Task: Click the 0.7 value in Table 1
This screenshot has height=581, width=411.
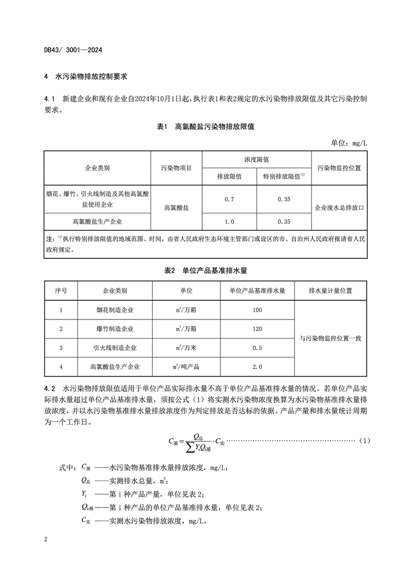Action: click(x=229, y=199)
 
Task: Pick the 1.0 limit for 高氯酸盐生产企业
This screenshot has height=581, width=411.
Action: click(x=229, y=222)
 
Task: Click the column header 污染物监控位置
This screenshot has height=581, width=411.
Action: click(x=339, y=168)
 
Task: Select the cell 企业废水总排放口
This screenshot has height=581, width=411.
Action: click(x=339, y=207)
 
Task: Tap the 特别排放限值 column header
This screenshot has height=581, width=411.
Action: click(x=284, y=177)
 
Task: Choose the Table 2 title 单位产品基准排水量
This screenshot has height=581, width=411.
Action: click(x=205, y=270)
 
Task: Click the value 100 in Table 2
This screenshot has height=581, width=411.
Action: click(x=257, y=310)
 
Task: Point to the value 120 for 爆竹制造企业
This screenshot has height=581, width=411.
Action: click(x=257, y=329)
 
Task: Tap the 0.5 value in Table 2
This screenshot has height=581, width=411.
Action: click(x=257, y=348)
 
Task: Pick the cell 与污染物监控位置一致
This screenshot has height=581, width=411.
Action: click(x=330, y=339)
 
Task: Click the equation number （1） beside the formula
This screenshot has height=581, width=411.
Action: click(x=364, y=441)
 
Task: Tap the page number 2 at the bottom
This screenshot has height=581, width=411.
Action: click(x=46, y=540)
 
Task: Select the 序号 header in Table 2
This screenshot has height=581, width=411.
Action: click(x=61, y=291)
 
